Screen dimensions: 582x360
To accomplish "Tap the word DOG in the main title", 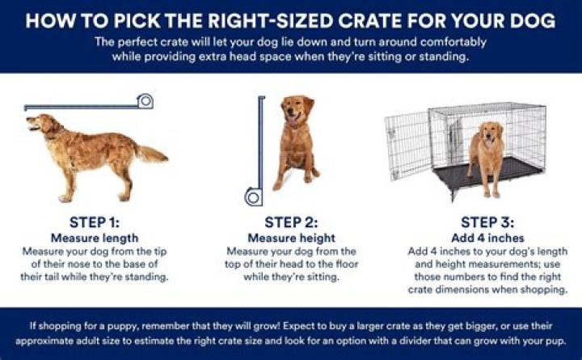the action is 533,20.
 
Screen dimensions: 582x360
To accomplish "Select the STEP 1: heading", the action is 95,222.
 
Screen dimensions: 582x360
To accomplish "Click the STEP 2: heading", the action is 291,222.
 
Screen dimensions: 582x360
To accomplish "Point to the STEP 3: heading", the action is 487,222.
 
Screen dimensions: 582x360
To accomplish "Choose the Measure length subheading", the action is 95,238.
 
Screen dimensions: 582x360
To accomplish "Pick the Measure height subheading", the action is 291,238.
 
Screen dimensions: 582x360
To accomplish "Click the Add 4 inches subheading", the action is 487,238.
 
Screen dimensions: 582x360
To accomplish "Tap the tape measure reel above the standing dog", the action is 145,101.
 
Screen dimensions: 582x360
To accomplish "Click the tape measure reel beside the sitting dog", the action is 254,197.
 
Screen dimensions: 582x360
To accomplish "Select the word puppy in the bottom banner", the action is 122,327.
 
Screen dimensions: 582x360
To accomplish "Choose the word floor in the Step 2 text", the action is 347,265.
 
